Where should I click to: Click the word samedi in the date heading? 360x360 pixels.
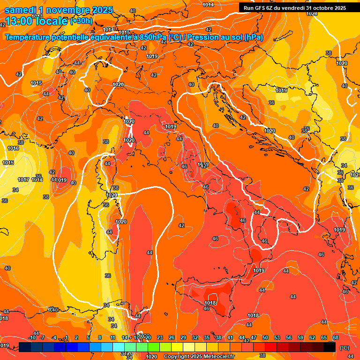[x=19, y=10]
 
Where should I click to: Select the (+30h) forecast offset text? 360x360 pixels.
[x=81, y=21]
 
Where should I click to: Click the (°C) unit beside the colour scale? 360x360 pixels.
[x=344, y=348]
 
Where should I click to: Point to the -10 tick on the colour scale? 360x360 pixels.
[x=32, y=337]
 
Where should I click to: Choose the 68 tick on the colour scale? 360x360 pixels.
[x=336, y=337]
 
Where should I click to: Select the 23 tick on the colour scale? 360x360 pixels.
[x=160, y=337]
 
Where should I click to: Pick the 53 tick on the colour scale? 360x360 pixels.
[x=277, y=337]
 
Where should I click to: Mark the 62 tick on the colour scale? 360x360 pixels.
[x=312, y=337]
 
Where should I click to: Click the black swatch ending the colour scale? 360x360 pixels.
[x=330, y=347]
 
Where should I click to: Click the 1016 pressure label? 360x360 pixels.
[x=13, y=148]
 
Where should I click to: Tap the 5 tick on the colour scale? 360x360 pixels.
[x=89, y=337]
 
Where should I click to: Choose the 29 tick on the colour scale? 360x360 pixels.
[x=183, y=337]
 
